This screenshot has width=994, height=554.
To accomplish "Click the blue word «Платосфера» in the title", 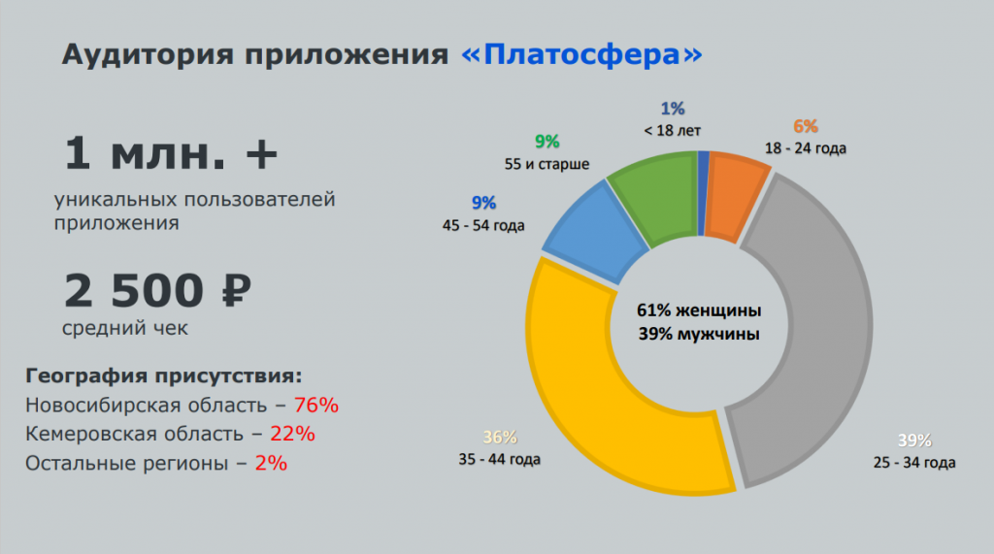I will (580, 53).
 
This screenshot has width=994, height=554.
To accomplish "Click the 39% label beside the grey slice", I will (913, 440).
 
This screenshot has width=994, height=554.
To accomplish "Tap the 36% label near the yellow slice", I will (500, 437).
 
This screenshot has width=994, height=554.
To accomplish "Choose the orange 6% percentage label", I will (806, 126).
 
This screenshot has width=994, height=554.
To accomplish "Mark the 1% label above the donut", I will (673, 109).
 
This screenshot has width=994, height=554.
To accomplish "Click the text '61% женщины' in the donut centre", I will (699, 311).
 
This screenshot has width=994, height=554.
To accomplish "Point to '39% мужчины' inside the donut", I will (699, 334).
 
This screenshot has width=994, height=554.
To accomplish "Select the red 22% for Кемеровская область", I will (293, 434).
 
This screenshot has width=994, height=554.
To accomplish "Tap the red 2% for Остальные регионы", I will (271, 463).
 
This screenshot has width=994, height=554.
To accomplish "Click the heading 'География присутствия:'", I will (164, 375).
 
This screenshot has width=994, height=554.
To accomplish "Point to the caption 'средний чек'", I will (125, 328).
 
